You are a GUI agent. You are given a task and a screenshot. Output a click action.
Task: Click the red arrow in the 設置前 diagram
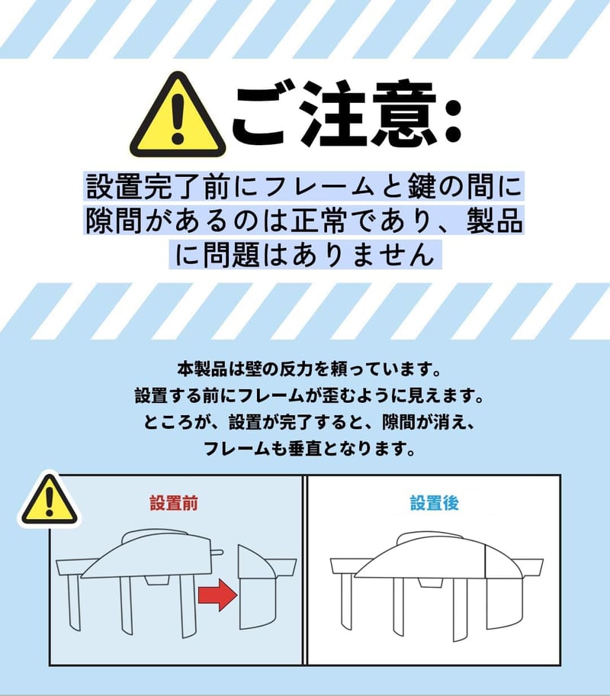point(217,594)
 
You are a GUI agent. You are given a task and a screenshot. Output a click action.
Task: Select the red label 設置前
point(174,504)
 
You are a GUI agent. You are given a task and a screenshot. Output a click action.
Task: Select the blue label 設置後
point(435,504)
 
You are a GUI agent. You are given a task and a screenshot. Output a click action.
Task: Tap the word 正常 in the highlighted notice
point(318,220)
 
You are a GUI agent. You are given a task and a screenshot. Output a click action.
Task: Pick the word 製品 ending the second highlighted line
point(494,220)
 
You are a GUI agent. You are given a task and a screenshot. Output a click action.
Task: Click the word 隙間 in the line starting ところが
point(398,422)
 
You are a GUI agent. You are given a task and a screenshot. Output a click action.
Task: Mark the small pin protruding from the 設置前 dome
point(217,553)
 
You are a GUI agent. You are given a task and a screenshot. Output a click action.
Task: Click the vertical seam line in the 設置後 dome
point(485,562)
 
